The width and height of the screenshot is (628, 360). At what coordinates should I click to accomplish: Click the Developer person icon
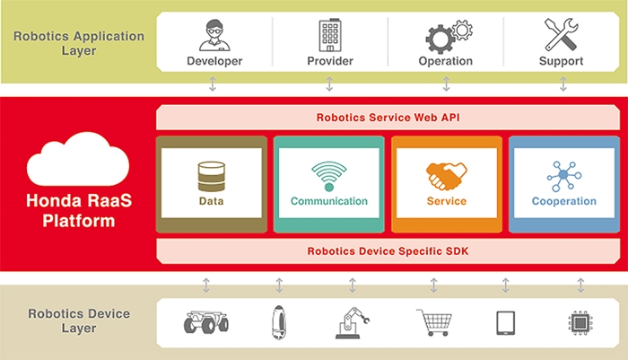click(x=214, y=35)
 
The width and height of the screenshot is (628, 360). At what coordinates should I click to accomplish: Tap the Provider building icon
click(x=330, y=35)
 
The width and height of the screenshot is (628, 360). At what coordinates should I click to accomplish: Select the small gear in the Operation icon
click(x=463, y=30)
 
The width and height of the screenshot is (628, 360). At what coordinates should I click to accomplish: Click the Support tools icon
click(x=561, y=34)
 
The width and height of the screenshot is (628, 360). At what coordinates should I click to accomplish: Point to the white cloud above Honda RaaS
click(x=78, y=161)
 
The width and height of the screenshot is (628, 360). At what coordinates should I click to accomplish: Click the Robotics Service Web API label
click(x=388, y=118)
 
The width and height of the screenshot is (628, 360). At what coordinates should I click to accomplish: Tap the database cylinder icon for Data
click(x=212, y=176)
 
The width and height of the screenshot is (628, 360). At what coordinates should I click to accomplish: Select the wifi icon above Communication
click(x=329, y=176)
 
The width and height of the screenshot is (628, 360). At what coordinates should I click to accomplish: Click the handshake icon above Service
click(x=447, y=176)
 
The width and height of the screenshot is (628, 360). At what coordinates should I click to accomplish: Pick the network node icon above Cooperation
click(x=564, y=176)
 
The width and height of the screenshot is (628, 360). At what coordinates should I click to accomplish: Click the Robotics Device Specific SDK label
click(x=388, y=251)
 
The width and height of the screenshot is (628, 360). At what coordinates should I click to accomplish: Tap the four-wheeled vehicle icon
click(x=206, y=322)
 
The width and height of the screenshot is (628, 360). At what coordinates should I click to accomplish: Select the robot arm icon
click(x=352, y=322)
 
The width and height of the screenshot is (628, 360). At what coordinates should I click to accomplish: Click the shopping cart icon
click(x=435, y=322)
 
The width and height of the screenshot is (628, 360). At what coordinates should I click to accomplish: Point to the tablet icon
click(x=506, y=323)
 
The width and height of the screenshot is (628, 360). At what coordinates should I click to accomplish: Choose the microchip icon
click(x=580, y=323)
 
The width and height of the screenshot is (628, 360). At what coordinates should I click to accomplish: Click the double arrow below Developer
click(x=213, y=84)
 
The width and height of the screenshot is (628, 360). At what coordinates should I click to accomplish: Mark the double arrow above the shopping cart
click(x=433, y=285)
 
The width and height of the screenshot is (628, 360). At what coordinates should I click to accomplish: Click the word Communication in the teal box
click(x=329, y=201)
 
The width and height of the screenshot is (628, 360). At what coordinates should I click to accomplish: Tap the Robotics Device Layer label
click(x=79, y=320)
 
